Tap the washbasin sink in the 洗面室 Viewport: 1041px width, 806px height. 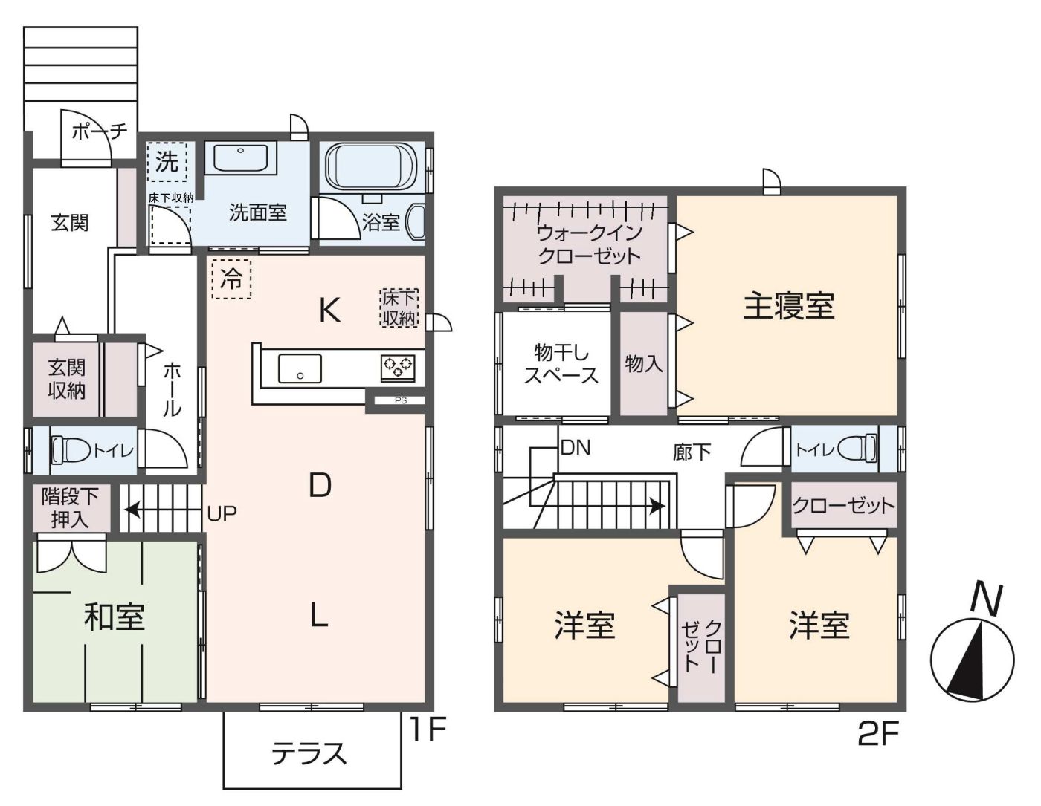coord(240,157)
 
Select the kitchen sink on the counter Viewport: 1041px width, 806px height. coord(300,368)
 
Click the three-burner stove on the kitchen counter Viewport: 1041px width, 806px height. coord(398,368)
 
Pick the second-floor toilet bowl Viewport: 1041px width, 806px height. coord(859,449)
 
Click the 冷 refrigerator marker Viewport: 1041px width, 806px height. coord(231,279)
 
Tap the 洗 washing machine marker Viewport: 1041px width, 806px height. coord(167,162)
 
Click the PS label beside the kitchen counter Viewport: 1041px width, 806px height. coord(401,400)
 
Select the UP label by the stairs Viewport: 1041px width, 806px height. coord(222,513)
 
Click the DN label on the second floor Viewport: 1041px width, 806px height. coord(576,448)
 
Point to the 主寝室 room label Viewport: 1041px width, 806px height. coord(789,306)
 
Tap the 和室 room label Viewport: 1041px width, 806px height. coord(114,617)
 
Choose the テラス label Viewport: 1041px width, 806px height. coord(309,753)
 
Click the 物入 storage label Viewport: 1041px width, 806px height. coord(644,364)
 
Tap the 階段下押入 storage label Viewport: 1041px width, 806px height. coord(70,508)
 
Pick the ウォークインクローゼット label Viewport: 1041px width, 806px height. coord(590,244)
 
